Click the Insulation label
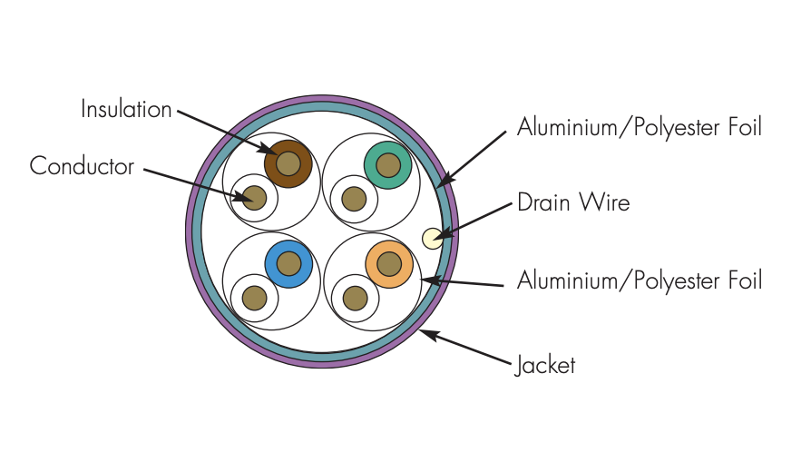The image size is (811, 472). tap(126, 109)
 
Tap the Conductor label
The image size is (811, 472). tap(82, 166)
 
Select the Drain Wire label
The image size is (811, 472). tap(573, 202)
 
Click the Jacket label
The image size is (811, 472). tap(545, 365)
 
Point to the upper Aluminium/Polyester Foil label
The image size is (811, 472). tap(640, 127)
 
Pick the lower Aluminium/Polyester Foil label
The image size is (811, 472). tap(640, 280)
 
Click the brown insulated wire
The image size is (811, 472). tap(288, 164)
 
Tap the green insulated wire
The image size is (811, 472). tap(388, 165)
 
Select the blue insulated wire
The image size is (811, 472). tap(288, 264)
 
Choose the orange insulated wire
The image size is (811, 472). tap(389, 264)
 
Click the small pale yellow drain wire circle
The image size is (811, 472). tap(433, 239)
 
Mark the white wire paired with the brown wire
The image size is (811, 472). tap(254, 198)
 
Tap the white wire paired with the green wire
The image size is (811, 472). tap(354, 200)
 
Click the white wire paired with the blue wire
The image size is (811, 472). tap(255, 298)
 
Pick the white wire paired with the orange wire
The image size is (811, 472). tap(355, 299)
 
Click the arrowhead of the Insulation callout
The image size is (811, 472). tap(271, 151)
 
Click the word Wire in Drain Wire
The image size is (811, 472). tap(605, 202)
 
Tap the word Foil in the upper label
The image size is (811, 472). tap(746, 127)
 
